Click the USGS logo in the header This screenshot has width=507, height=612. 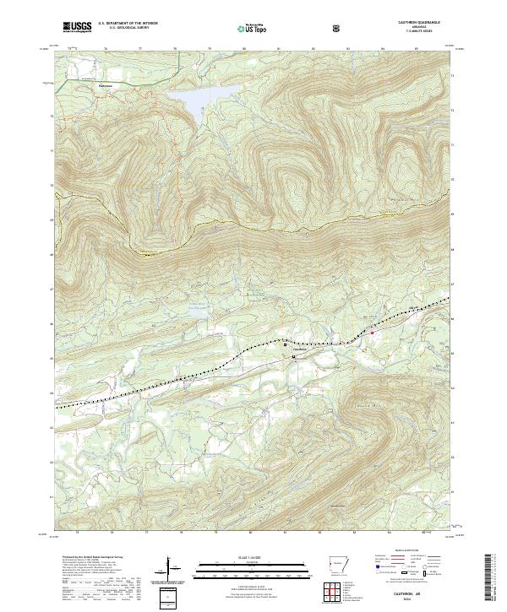77,28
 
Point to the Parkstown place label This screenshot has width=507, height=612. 105,85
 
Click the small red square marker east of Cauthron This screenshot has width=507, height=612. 370,333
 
